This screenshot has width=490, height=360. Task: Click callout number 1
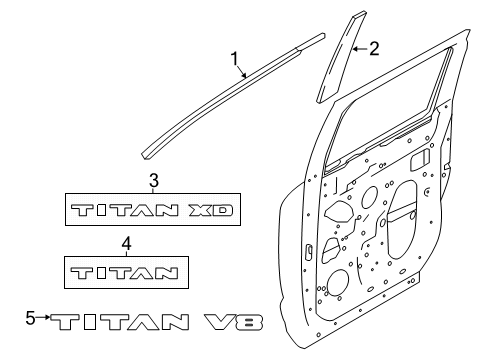[235, 59]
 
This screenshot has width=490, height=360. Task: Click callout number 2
[374, 49]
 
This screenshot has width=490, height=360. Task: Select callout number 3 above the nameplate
[154, 181]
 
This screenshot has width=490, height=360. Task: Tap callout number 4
[126, 244]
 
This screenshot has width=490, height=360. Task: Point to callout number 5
[30, 318]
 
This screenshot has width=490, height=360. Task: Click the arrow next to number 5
[43, 317]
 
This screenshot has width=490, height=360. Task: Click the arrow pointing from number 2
[360, 49]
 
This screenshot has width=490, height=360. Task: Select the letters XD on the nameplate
[210, 210]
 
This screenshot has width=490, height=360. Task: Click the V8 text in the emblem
[234, 322]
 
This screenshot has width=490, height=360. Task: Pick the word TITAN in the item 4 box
[124, 273]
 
